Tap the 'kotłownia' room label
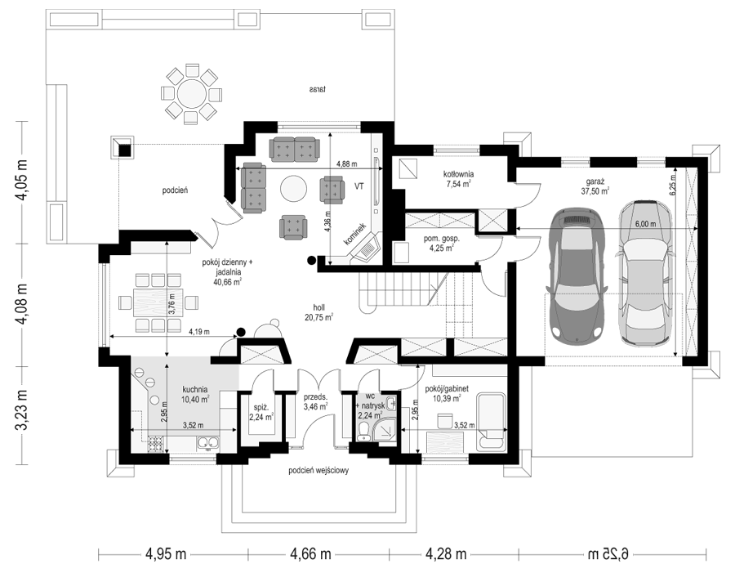[459, 175]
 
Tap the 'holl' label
[318, 307]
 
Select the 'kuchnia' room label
[195, 389]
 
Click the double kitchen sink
[207, 442]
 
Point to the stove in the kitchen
[156, 443]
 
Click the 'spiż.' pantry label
[261, 408]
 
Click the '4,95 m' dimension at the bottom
[166, 554]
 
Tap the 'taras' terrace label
[318, 89]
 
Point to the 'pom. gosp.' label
[442, 239]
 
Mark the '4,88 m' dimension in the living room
[347, 163]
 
